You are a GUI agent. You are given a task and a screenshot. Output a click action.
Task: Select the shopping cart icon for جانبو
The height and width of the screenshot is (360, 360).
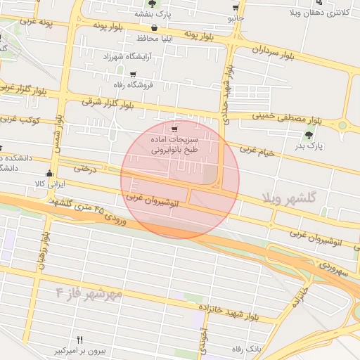pos(234,8)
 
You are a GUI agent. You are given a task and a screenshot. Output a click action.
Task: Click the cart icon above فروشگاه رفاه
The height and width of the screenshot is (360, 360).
pos(132,73)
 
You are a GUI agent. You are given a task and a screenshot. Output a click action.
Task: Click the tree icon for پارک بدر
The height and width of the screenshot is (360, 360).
pos(308,134)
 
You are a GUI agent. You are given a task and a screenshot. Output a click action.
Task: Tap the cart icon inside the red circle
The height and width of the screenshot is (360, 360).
pos(174,129)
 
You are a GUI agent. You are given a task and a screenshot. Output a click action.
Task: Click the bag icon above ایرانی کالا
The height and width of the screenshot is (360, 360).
pos(49,174)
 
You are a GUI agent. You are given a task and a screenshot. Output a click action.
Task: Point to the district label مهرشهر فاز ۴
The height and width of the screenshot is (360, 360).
pos(89,290)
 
